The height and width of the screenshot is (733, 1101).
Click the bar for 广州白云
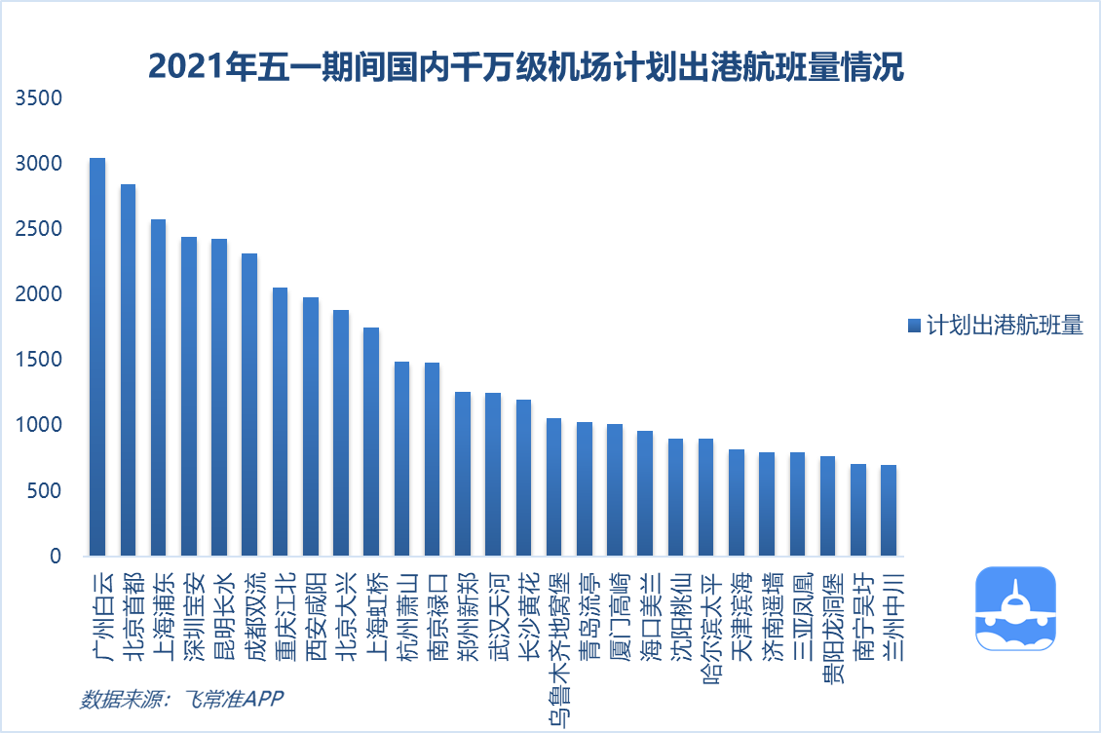point(97,357)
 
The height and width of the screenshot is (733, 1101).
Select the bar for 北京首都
point(128,370)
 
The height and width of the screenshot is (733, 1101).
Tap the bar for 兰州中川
point(888,511)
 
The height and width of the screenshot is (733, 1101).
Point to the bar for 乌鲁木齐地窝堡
point(553,487)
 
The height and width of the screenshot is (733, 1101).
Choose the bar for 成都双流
point(249,405)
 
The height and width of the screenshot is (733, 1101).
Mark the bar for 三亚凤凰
point(797,504)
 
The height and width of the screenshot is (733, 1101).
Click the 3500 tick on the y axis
point(40,99)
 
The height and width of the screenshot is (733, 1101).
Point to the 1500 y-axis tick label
point(40,361)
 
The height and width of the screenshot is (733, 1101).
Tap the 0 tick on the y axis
point(55,557)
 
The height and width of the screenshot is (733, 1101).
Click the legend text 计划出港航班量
point(1005,326)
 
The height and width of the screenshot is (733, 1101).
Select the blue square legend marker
point(914,326)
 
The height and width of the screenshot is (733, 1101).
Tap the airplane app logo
point(1015,607)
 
